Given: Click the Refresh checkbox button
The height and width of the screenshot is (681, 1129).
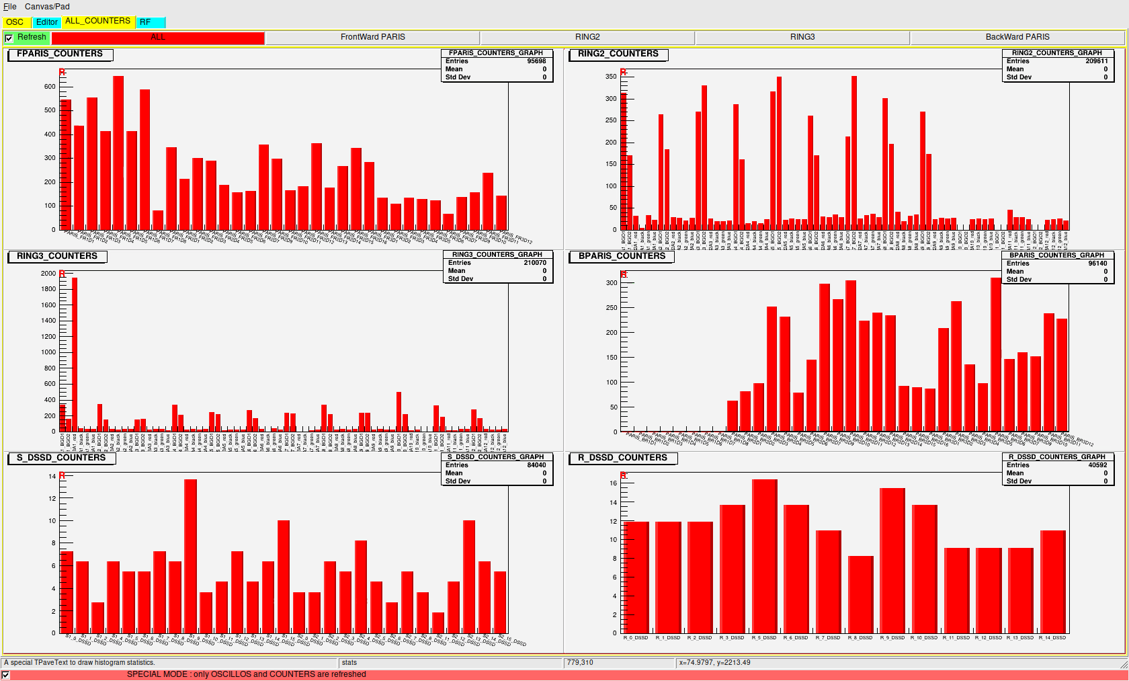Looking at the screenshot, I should (9, 38).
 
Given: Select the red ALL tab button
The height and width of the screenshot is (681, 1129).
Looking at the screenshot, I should (158, 38).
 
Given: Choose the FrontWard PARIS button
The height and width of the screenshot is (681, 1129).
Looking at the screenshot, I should (372, 38).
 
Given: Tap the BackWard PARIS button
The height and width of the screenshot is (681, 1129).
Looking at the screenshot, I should (1017, 38).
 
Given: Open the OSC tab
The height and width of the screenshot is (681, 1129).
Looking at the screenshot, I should (15, 22).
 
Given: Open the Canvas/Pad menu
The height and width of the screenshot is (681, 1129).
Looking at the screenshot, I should (47, 7).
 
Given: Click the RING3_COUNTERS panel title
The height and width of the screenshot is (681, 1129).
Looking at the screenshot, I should (57, 256).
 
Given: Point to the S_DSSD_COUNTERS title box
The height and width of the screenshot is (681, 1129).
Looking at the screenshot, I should (61, 458).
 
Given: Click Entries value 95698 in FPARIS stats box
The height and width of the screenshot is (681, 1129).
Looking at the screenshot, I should (536, 61).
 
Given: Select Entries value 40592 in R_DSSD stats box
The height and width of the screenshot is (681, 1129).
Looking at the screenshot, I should (1097, 465).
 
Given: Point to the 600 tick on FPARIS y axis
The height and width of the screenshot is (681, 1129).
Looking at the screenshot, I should (50, 87).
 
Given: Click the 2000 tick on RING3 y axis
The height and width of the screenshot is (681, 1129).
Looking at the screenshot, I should (48, 274).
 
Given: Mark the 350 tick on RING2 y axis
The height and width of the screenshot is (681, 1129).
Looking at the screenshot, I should (610, 77).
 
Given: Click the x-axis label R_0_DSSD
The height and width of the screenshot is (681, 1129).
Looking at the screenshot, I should (636, 638).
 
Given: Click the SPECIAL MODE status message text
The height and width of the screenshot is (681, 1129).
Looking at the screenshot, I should (246, 674).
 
